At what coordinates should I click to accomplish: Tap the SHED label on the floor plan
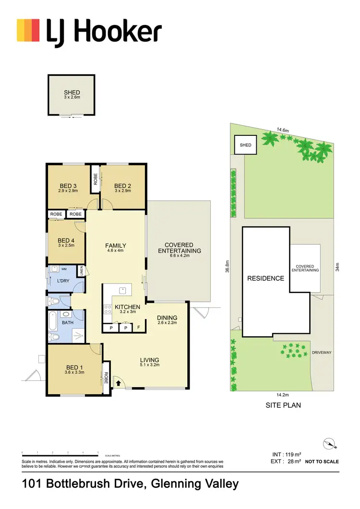72,93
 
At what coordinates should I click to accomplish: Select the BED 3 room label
69,186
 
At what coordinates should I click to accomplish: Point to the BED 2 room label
123,186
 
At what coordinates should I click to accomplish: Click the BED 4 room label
67,241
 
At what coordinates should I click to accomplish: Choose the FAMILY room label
115,246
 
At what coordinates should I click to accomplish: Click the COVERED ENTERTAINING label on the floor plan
180,247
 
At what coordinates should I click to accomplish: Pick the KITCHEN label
127,307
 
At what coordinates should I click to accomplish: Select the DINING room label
167,318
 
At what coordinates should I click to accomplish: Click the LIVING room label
149,360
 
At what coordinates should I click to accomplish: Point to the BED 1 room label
75,369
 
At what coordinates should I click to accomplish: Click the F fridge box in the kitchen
139,328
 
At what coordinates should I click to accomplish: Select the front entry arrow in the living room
119,383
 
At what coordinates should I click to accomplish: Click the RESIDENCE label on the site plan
265,278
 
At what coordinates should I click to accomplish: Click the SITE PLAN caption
283,405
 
